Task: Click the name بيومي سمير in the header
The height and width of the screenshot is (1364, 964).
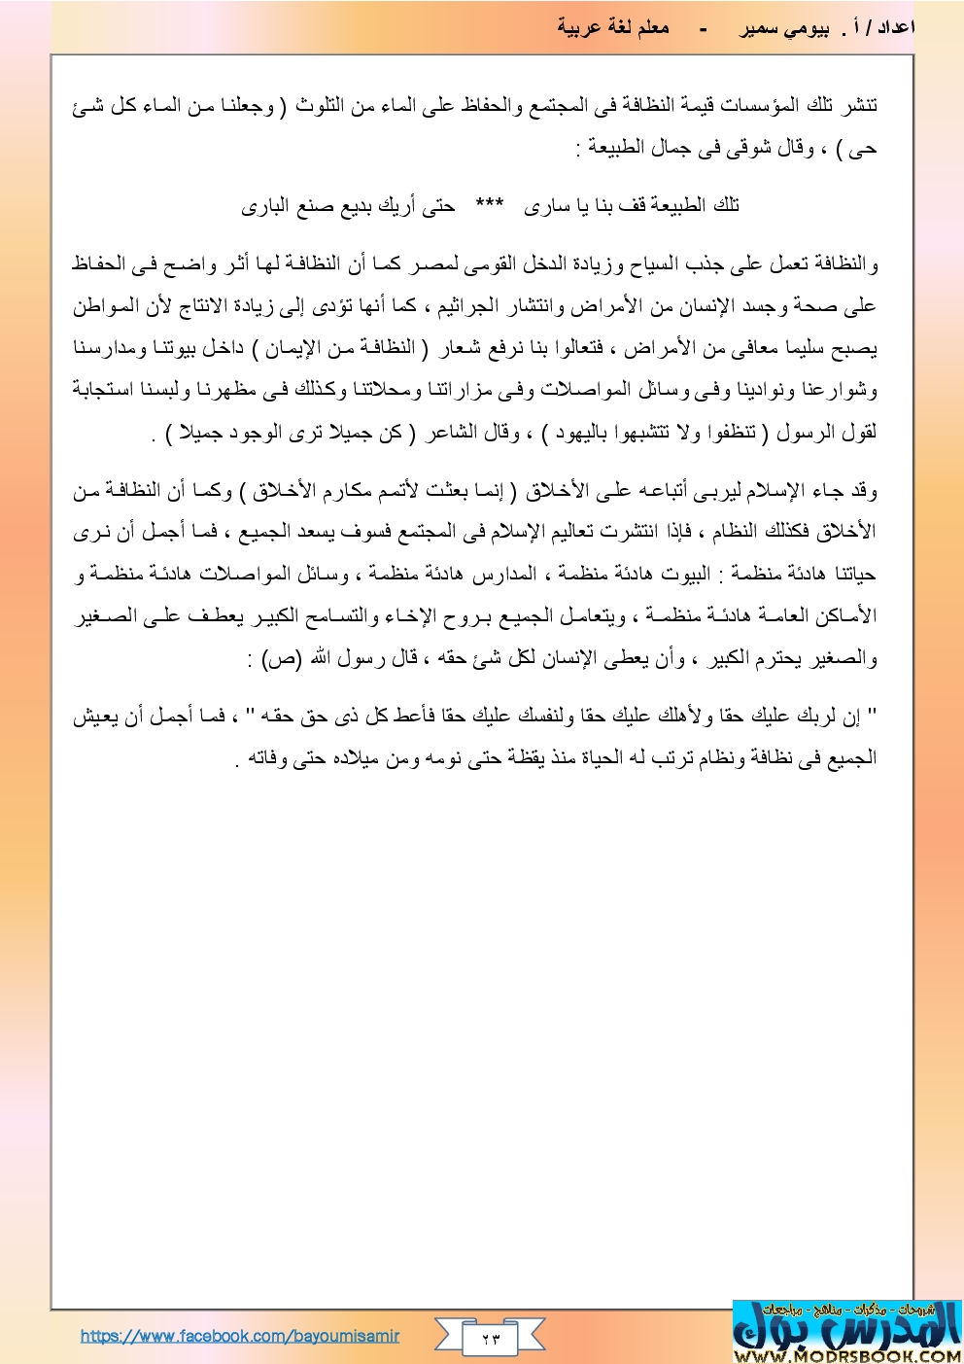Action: tap(783, 28)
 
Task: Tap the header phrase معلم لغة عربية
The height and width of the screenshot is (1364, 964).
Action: tap(613, 27)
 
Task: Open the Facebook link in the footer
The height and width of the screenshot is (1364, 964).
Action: tap(240, 1336)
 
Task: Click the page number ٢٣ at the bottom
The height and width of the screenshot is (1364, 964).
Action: tap(491, 1339)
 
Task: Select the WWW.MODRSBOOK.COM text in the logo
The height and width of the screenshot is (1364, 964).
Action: tap(847, 1355)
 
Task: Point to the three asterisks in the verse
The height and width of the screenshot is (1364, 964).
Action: tap(489, 204)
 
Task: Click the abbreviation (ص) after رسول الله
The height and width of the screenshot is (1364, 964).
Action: tap(281, 659)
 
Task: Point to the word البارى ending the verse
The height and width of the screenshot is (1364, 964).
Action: tap(262, 206)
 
